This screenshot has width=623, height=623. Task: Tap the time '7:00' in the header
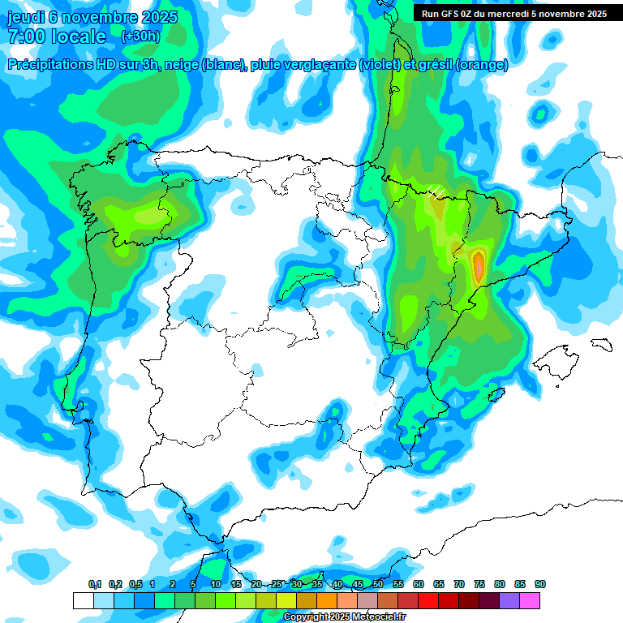click(x=25, y=37)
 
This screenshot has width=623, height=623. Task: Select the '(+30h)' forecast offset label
click(x=140, y=37)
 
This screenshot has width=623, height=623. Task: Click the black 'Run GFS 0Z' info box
click(x=510, y=13)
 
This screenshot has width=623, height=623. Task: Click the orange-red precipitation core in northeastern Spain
click(x=479, y=265)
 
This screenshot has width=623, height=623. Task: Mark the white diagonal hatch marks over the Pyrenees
click(x=436, y=191)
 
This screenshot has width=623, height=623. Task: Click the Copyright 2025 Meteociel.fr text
click(x=344, y=617)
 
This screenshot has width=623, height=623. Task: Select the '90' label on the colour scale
click(x=540, y=584)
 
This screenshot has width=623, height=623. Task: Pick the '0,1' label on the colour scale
click(x=95, y=584)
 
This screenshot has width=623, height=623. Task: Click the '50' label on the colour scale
click(x=378, y=584)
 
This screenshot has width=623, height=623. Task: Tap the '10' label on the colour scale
click(x=216, y=584)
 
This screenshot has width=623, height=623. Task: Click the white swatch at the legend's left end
click(x=83, y=600)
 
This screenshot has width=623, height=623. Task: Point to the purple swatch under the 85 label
click(x=510, y=600)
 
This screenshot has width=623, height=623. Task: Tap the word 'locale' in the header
click(x=79, y=37)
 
